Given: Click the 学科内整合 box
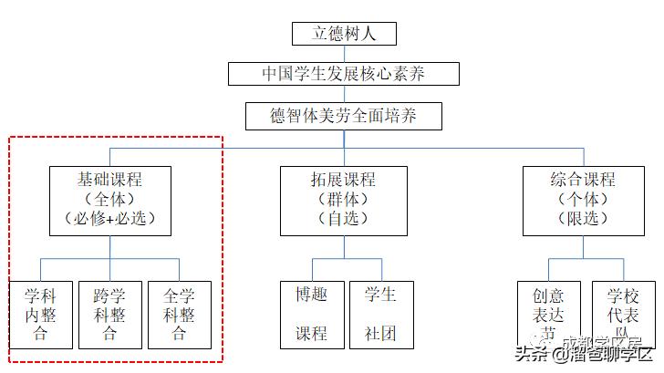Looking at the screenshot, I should click(x=40, y=315).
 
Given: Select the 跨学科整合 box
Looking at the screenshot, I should click(x=109, y=315).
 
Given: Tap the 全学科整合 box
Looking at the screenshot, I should click(x=179, y=315).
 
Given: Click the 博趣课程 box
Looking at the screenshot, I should click(x=311, y=315).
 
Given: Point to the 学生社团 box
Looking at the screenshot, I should click(x=380, y=315).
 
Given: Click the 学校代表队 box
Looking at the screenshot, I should click(x=623, y=315).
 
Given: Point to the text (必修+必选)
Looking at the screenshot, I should click(x=110, y=219).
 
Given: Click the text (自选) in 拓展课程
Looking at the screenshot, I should click(x=343, y=219).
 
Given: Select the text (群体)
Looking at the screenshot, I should click(x=343, y=199).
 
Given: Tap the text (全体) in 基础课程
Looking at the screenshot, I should click(x=109, y=199).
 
